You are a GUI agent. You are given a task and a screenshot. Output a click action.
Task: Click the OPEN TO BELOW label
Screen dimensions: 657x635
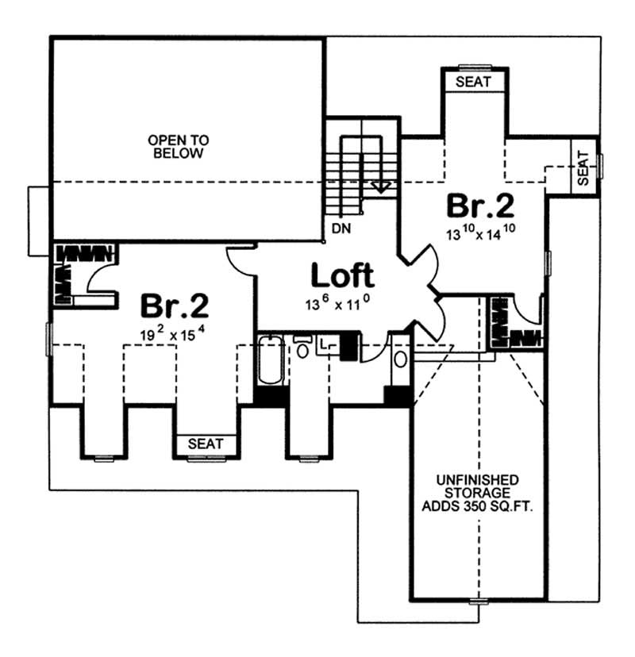coord(178,147)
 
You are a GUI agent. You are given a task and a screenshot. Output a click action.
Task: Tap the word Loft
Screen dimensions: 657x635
coord(341,275)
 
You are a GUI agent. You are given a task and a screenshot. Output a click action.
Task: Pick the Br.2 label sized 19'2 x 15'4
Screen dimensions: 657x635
coord(175,305)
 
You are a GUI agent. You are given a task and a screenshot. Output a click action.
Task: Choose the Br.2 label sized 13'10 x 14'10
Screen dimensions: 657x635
coord(480,206)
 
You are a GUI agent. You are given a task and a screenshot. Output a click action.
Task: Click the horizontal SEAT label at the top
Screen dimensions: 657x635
coord(475,83)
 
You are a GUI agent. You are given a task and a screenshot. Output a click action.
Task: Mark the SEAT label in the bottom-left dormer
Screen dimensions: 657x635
coord(206,444)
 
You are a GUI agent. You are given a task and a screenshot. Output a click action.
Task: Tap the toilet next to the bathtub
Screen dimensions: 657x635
coord(303,349)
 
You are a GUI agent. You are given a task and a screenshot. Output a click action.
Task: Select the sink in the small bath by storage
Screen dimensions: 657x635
coord(400,359)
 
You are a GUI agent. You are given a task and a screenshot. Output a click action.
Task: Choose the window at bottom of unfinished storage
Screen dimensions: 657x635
coord(478,601)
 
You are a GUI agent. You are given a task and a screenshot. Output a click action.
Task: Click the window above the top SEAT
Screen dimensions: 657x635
coord(475,67)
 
